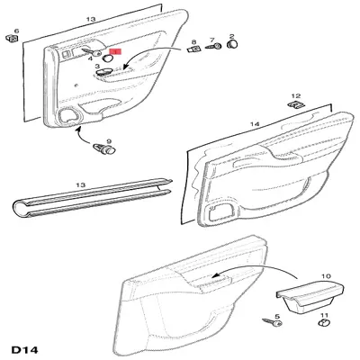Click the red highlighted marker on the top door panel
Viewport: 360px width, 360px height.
pos(116,51)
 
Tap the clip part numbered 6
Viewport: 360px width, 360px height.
pos(12,38)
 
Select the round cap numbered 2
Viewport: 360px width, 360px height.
pos(232,45)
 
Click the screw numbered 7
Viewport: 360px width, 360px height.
pos(213,47)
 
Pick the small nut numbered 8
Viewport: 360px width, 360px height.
pos(194,49)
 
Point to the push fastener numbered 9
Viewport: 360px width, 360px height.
pos(104,148)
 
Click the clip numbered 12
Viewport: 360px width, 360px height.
pos(296,104)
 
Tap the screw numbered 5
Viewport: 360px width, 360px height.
pos(273,322)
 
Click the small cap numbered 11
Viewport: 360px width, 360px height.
pos(324,323)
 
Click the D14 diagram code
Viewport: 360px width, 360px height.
pos(24,350)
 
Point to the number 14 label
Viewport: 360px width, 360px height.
pos(255,124)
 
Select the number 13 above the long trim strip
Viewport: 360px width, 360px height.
pos(81,184)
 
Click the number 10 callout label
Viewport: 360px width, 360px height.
pos(326,276)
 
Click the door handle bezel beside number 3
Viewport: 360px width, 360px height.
pos(103,71)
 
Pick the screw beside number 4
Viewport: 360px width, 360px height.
pos(93,51)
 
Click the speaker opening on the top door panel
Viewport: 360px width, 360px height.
pos(70,115)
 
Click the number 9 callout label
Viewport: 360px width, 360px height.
pos(109,141)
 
